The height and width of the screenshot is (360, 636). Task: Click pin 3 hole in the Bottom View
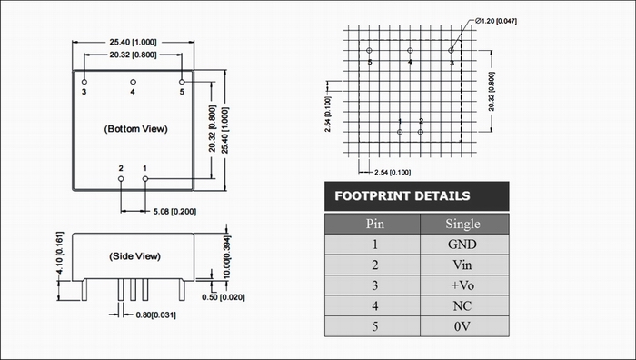click(x=84, y=82)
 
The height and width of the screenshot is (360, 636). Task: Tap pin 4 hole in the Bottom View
click(x=133, y=82)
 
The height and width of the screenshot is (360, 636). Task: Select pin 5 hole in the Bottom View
click(x=182, y=82)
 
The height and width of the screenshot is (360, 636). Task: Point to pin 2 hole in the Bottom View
click(x=121, y=178)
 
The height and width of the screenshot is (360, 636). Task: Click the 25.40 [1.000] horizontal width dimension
click(x=133, y=42)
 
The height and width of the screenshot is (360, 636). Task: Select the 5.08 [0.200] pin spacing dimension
click(x=174, y=212)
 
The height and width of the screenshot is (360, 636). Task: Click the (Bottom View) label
click(x=136, y=129)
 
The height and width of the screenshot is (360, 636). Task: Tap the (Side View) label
click(x=134, y=256)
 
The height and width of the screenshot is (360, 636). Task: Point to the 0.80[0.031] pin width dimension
click(x=155, y=315)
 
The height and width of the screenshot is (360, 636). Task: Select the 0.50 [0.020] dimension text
click(x=224, y=297)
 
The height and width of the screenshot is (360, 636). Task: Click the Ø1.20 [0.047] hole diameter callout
click(x=496, y=21)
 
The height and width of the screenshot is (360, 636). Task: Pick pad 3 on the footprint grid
click(x=451, y=50)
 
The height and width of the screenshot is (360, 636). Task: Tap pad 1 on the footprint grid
click(x=400, y=132)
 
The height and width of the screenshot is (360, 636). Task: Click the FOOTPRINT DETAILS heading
click(x=402, y=196)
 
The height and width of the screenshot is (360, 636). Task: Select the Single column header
click(x=462, y=224)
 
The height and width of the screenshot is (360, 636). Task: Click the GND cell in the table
click(x=462, y=245)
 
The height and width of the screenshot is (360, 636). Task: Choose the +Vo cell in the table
click(x=462, y=285)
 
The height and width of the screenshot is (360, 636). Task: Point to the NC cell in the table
click(x=462, y=305)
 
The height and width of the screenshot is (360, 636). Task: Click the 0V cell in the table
click(x=462, y=326)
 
